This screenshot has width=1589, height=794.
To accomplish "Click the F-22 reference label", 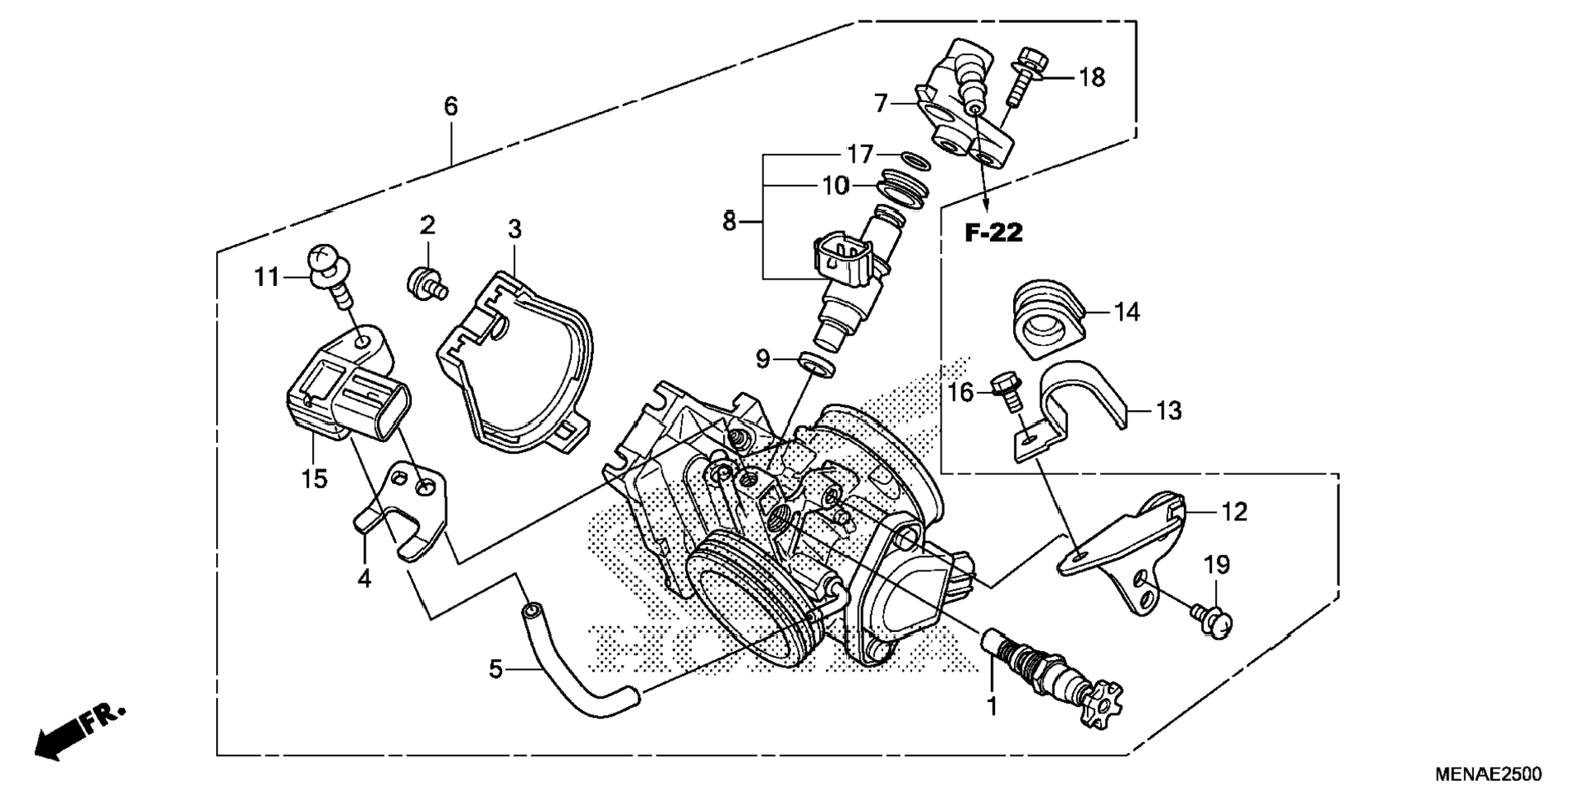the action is (993, 233).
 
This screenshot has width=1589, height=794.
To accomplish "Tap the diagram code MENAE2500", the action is (1489, 774).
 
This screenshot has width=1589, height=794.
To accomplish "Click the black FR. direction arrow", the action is (80, 730).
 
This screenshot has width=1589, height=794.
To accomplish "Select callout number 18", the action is (1092, 77).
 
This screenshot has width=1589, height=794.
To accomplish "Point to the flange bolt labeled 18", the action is (1025, 76).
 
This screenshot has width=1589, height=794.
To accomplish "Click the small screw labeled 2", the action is (427, 283).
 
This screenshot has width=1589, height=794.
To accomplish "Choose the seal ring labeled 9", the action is (818, 362).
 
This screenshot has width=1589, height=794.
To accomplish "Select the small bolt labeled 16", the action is (1007, 393).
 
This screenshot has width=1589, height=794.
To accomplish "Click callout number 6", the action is (450, 106).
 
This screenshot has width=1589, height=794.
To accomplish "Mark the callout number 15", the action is (314, 478).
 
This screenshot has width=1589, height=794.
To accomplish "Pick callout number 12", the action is (1234, 512).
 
